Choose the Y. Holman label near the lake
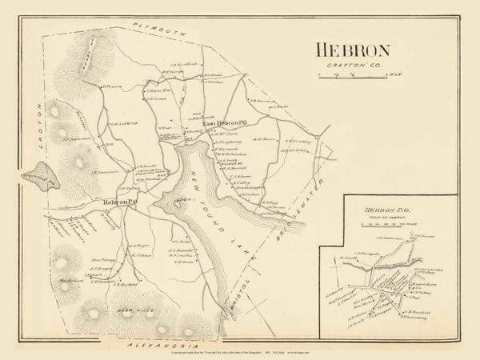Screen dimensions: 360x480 click(x=186, y=261)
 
